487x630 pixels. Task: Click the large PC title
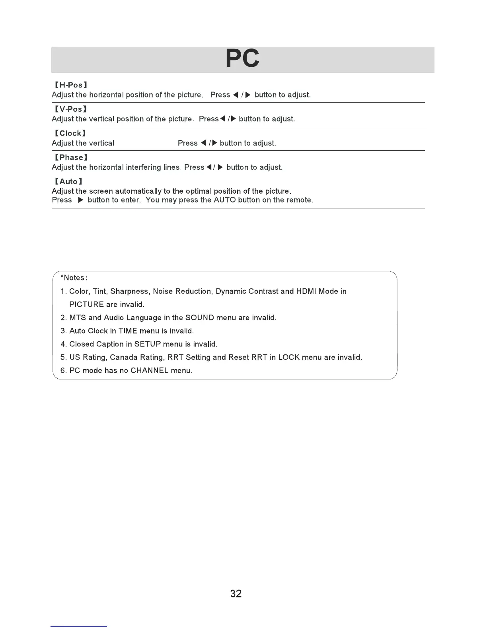242,59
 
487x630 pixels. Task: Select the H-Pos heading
71,85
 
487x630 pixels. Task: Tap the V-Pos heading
71,109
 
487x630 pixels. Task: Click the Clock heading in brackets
70,133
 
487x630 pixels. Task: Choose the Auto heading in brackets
68,182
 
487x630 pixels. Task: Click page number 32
236,594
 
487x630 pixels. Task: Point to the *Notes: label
74,278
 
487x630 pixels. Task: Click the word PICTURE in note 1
86,305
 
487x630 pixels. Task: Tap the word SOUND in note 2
200,318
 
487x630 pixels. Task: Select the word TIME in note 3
128,331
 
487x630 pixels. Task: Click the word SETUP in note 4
148,344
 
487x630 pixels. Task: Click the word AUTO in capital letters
225,200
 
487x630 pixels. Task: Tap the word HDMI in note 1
306,292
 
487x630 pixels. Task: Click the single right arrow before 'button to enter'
80,200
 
